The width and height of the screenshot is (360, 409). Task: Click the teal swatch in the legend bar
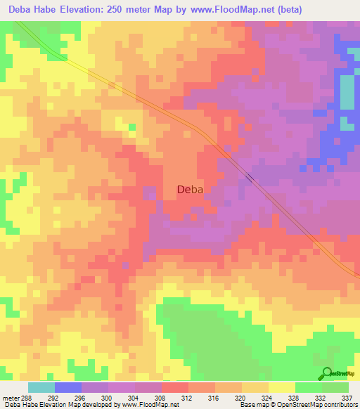(x=41, y=387)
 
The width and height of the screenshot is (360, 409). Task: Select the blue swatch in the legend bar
(x=68, y=387)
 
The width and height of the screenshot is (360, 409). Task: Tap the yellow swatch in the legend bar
(x=281, y=387)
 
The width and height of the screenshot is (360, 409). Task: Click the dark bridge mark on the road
(x=250, y=177)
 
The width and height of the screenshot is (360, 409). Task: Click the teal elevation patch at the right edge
(x=347, y=91)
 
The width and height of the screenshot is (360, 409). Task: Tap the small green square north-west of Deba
(x=132, y=126)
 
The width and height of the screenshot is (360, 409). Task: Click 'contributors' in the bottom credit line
(x=340, y=405)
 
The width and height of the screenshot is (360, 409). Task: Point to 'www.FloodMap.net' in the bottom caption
(x=149, y=405)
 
